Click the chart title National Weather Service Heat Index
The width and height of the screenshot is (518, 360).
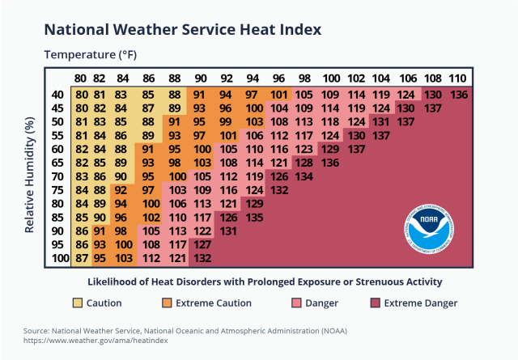(x=182, y=29)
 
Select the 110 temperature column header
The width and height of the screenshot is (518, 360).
(x=457, y=78)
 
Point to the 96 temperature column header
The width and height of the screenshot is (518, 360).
(x=278, y=78)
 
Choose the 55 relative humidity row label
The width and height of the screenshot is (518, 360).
(x=58, y=135)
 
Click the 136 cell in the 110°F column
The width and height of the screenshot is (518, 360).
(x=458, y=95)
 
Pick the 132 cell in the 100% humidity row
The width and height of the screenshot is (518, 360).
(x=202, y=258)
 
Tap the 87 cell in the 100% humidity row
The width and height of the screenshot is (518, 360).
(x=81, y=258)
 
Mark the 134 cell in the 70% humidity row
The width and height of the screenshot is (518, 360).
(x=304, y=176)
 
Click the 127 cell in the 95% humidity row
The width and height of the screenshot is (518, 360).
(x=202, y=244)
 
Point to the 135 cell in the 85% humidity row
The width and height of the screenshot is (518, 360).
(x=253, y=217)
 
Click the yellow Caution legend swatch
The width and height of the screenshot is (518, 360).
(x=77, y=303)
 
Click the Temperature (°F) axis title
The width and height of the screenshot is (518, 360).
(x=89, y=55)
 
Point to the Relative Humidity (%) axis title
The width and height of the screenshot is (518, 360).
(x=30, y=175)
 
